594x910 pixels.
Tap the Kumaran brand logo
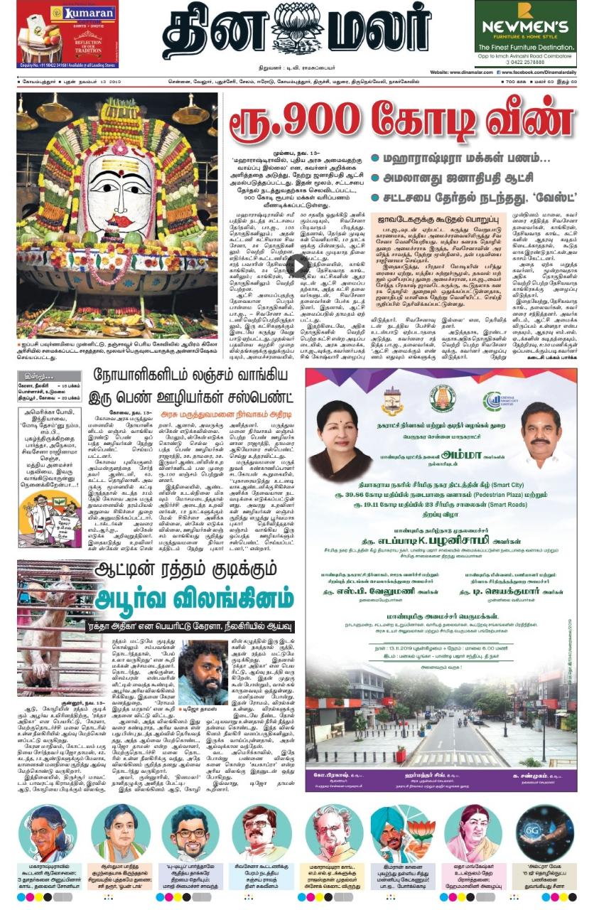tap(90, 13)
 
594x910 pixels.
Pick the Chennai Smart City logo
tap(500, 401)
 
